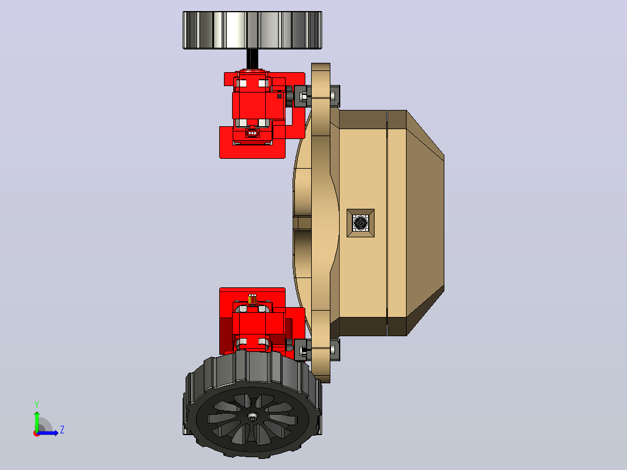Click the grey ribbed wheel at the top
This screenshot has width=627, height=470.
coord(252,30)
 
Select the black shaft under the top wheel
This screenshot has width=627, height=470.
coord(252,59)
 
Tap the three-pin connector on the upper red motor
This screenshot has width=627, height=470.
coord(252,133)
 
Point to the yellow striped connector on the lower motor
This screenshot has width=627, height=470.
coord(252,299)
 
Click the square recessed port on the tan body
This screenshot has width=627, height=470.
coord(360,223)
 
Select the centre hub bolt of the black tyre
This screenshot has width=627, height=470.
coord(252,417)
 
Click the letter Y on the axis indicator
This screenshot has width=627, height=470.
coord(37,404)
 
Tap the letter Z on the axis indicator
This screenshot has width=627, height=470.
coord(62,430)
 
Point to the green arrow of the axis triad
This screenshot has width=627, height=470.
coord(37,421)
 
